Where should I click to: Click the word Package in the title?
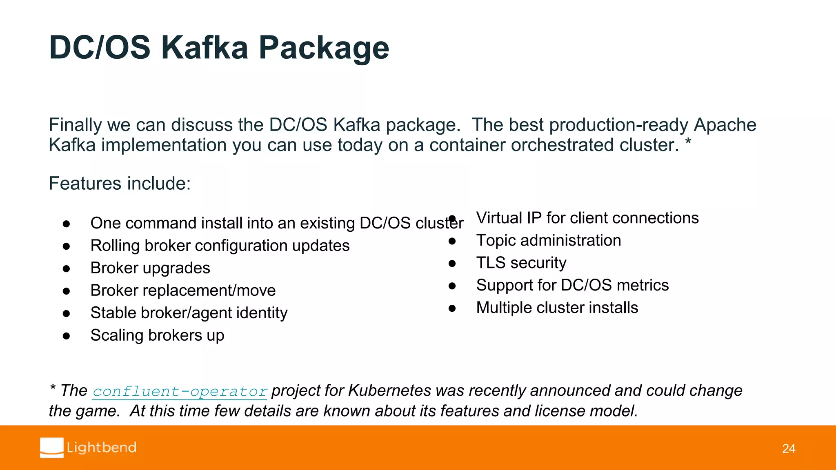tap(324, 48)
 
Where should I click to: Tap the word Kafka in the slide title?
tap(205, 48)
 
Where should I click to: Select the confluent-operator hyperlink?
tap(180, 391)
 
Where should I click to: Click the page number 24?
tap(789, 448)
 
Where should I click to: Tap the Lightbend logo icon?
tap(52, 448)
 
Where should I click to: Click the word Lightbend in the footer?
tap(102, 448)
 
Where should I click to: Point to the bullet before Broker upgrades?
tap(67, 268)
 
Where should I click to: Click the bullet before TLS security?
tap(452, 264)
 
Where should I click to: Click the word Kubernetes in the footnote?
tap(389, 390)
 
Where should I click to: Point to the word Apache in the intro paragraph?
tap(725, 125)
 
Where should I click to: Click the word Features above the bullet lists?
tap(80, 184)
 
